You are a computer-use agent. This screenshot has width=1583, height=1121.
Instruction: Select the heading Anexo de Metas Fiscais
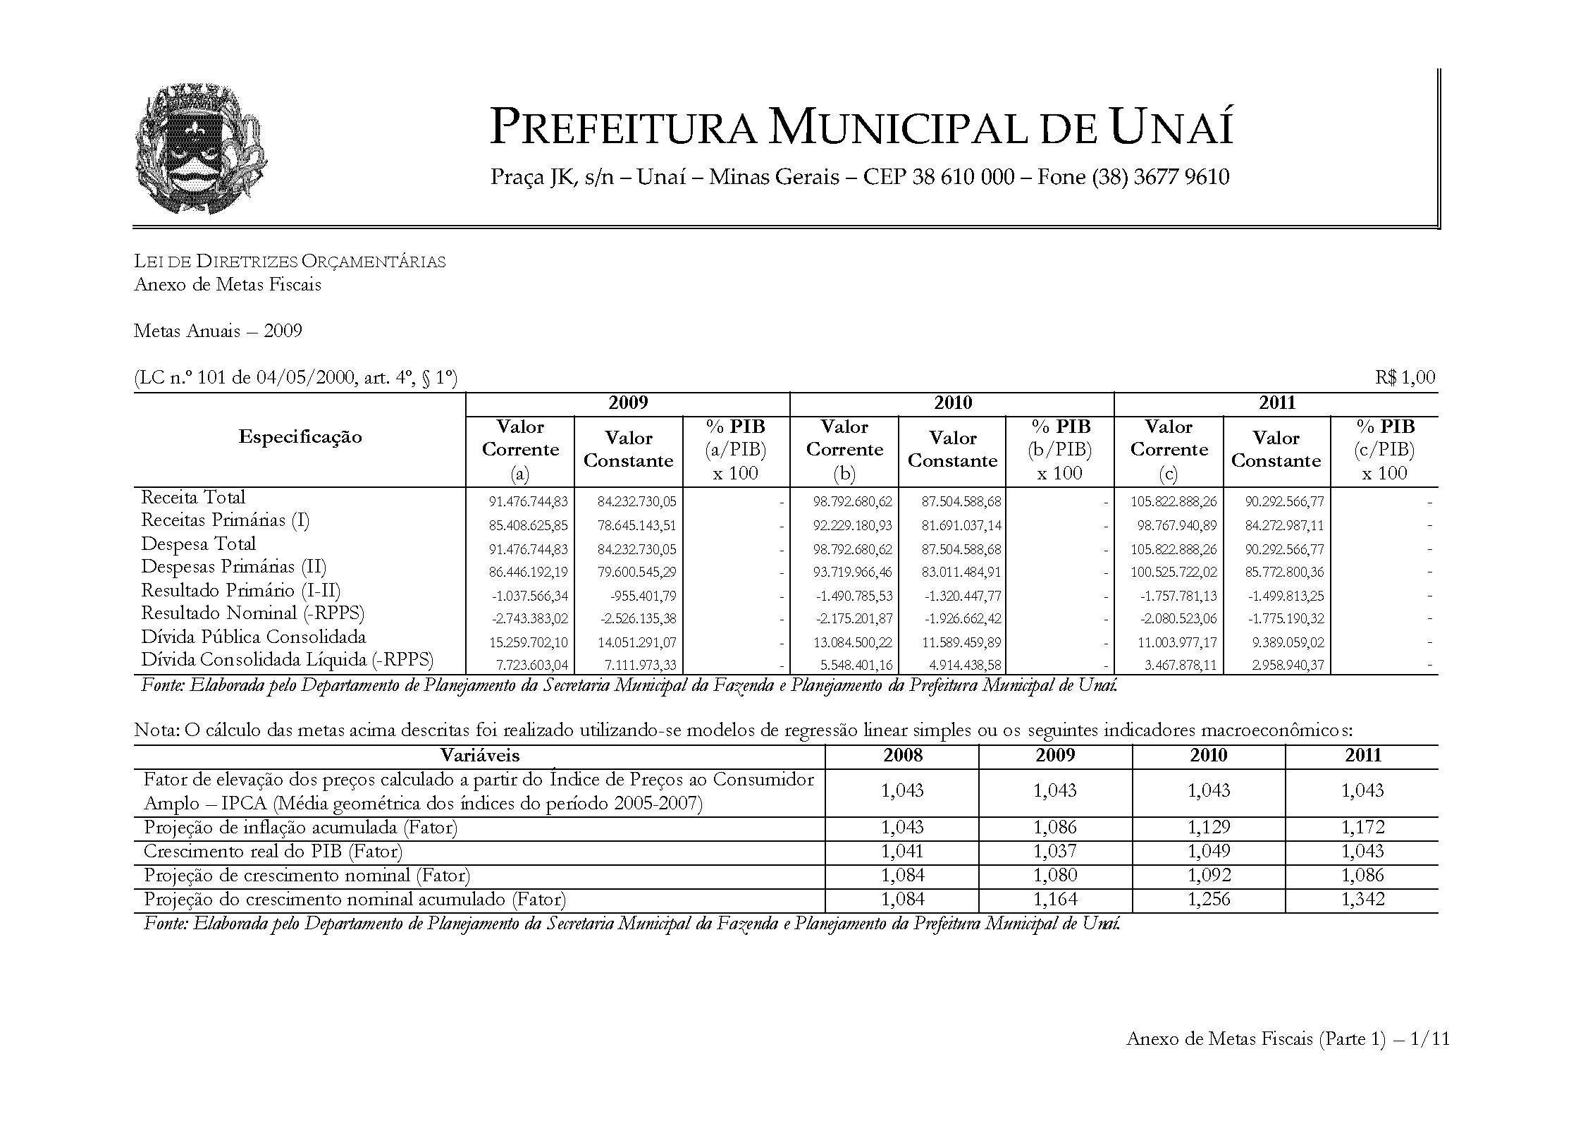click(227, 285)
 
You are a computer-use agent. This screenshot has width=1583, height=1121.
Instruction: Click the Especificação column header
click(300, 437)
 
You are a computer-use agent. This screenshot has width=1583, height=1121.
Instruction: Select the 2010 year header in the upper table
click(952, 403)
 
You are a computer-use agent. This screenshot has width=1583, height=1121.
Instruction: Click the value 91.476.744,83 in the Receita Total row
click(528, 502)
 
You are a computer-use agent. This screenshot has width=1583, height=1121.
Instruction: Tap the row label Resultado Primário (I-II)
click(240, 590)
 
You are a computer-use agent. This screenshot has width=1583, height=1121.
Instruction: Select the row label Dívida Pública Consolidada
click(253, 637)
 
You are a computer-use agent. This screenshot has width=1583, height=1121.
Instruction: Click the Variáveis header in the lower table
click(479, 756)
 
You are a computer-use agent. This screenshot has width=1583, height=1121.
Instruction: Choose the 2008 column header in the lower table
click(902, 756)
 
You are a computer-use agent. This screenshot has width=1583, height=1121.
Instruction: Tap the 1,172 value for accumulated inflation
click(1362, 828)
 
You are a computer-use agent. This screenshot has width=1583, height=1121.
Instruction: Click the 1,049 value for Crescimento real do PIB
click(1209, 852)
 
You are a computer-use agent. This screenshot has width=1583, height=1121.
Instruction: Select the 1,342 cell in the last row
click(1362, 900)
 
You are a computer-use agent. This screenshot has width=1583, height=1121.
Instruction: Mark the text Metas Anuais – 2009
click(218, 331)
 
